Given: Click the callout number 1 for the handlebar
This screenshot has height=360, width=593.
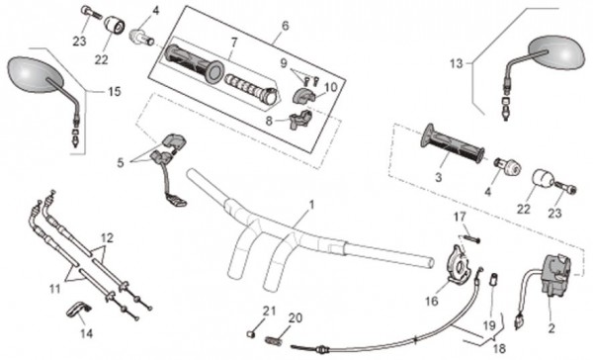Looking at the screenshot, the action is [311, 205].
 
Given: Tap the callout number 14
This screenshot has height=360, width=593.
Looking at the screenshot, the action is [86, 333].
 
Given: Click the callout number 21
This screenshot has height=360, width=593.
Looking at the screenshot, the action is [269, 312].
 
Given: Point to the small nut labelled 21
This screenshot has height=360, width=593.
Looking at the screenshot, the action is [250, 334].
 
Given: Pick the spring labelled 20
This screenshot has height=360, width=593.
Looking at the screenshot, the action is [275, 340].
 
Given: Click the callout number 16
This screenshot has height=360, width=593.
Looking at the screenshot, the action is [432, 302].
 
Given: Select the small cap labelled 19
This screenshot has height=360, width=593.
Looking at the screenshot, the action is [494, 281].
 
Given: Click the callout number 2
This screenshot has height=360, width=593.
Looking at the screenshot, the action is [551, 328].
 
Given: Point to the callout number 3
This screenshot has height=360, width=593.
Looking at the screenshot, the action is [438, 177].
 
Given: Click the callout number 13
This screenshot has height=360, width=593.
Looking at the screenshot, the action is [456, 63].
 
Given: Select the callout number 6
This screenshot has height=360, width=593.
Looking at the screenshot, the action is [286, 26].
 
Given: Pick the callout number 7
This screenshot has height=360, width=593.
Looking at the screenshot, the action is [234, 43].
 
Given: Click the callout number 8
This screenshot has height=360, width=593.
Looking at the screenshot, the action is [269, 121].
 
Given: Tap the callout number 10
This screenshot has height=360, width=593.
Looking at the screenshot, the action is [330, 87].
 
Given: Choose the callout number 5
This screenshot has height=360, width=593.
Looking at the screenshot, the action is [121, 163].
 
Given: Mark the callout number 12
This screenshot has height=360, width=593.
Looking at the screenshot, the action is [107, 238].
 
